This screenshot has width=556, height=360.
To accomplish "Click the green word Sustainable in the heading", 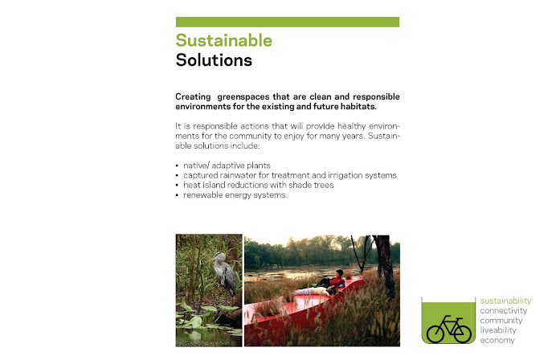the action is coord(223,40).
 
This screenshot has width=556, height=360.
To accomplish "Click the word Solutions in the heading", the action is coord(214,60).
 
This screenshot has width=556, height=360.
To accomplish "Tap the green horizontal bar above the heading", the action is coord(288,22).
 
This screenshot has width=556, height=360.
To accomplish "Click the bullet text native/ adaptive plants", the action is coord(227,166).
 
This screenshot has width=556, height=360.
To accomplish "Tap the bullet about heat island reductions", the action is coord(259,185).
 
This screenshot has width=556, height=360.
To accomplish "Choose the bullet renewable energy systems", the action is coord(235,194).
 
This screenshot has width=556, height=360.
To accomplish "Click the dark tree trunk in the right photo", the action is coord(385,266).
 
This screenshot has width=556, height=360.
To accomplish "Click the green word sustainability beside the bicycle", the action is coord(505,301).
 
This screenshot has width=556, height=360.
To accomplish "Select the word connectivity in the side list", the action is coord(504,311).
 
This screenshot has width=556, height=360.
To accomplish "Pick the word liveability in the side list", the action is coord(498,330).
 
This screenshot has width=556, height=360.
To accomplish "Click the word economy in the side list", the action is coord(497,340).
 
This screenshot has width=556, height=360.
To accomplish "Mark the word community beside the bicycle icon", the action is coord(501,321).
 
